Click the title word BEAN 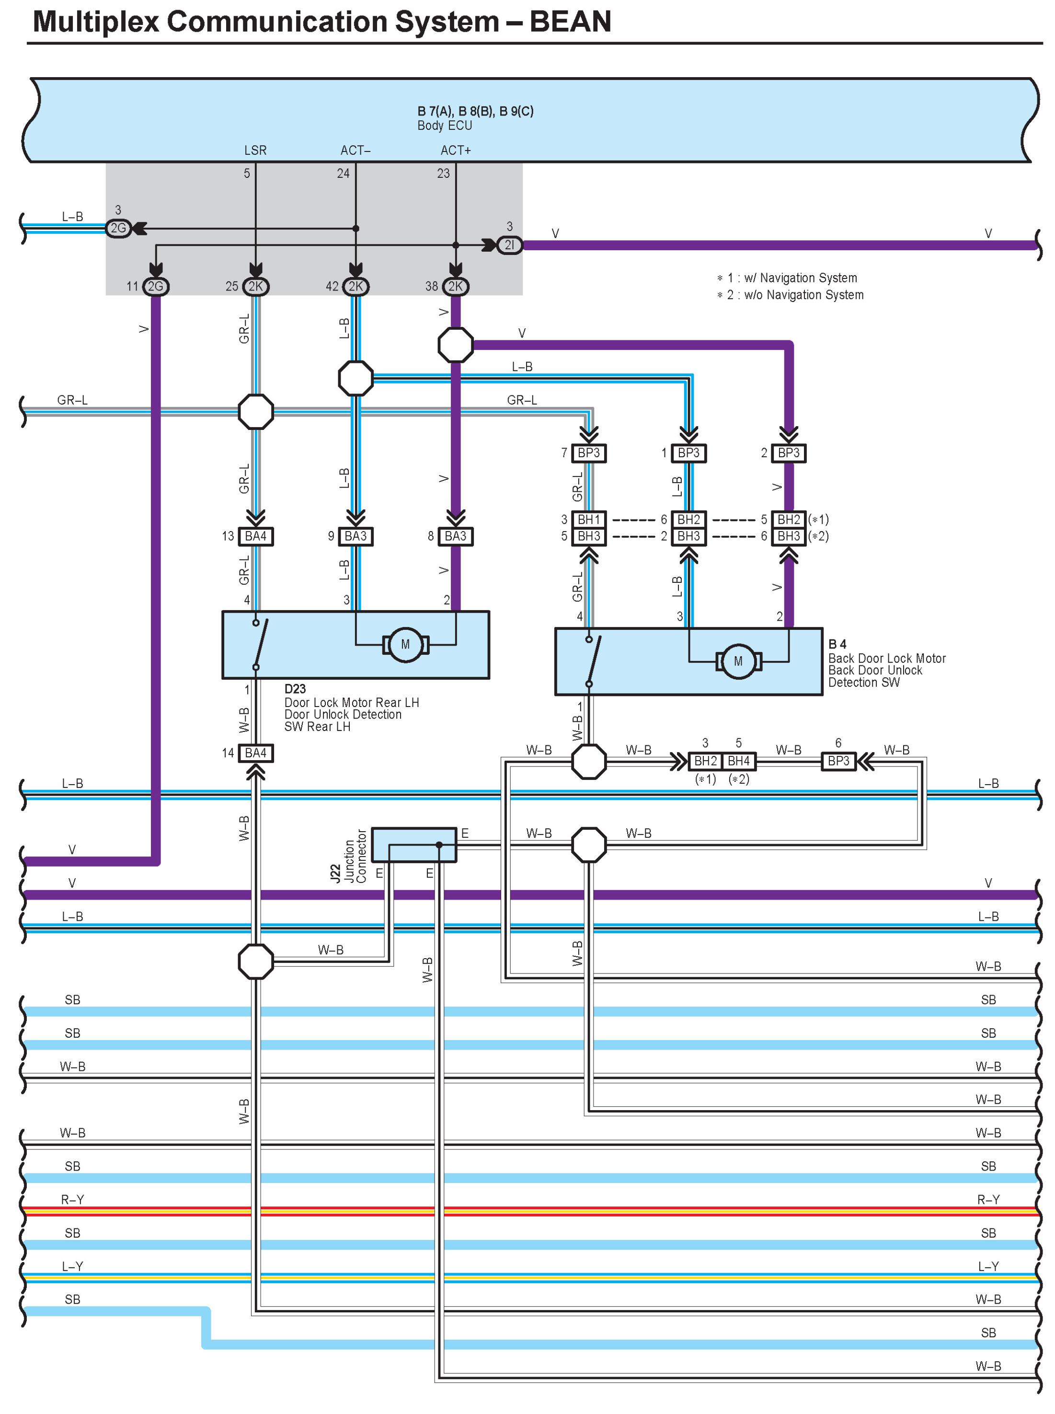(x=570, y=22)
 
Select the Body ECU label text (x=445, y=126)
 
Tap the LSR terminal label (x=255, y=150)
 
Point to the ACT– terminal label (x=355, y=150)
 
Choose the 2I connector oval (x=509, y=245)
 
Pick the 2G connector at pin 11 (x=155, y=286)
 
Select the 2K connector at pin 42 (x=355, y=286)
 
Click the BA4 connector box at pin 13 (x=255, y=536)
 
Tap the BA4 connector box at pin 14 (x=255, y=753)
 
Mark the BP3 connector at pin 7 (x=588, y=453)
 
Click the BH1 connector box (x=588, y=520)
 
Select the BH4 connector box (x=738, y=761)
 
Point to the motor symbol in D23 (x=405, y=645)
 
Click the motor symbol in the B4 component (x=738, y=661)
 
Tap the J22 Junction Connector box (x=414, y=845)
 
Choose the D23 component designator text (x=295, y=689)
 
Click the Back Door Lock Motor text (x=886, y=658)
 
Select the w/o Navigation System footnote (x=795, y=295)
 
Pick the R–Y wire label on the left (x=72, y=1199)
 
